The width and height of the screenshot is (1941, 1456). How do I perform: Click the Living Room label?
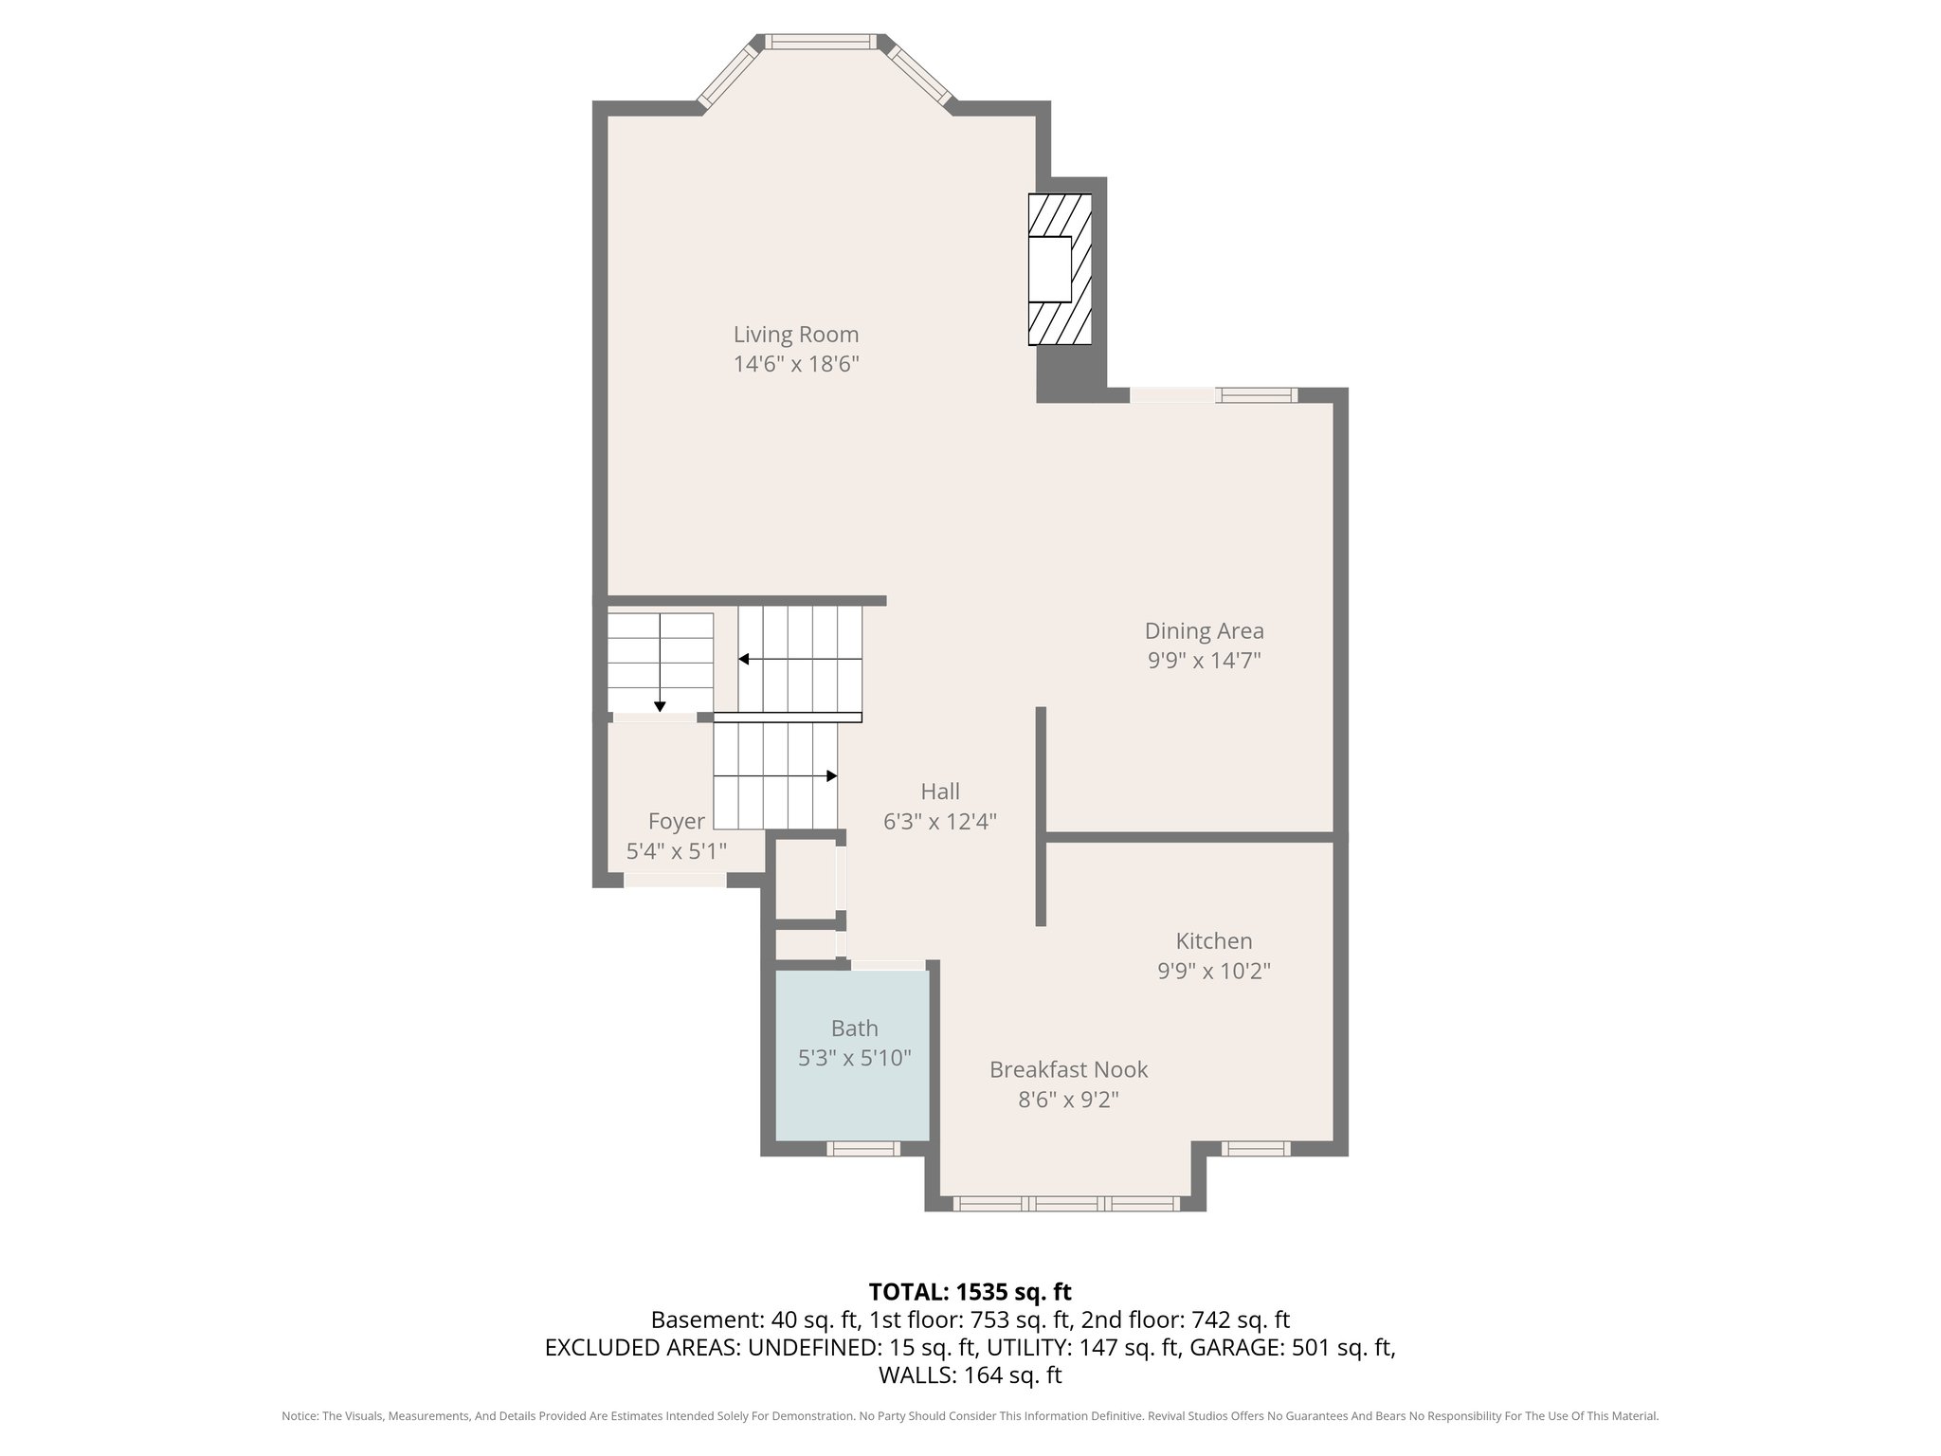(796, 335)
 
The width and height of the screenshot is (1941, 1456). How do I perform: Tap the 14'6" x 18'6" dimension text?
(796, 364)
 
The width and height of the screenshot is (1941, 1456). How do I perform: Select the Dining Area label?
(1204, 630)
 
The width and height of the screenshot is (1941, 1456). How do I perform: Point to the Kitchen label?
(1214, 940)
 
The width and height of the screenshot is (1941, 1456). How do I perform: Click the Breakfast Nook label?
(1068, 1069)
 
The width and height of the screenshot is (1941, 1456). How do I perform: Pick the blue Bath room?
(853, 1090)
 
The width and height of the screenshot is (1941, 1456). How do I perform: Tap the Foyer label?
(676, 821)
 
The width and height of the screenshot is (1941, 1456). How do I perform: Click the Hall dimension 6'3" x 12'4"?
(940, 822)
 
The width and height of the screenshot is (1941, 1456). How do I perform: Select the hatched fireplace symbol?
(1060, 269)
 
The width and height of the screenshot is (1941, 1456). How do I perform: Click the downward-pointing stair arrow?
(660, 704)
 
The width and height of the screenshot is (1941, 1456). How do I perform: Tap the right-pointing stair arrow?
(831, 775)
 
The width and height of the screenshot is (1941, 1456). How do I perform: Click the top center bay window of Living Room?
(821, 42)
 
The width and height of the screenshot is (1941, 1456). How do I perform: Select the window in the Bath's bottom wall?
(862, 1148)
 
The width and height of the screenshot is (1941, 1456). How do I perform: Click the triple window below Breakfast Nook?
(1066, 1203)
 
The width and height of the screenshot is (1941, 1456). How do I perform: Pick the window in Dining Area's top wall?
(1258, 395)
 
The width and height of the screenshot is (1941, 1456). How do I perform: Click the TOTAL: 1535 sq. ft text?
(970, 1291)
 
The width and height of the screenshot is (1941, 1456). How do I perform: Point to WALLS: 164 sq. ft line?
(970, 1374)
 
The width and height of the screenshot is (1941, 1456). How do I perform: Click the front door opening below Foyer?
(675, 880)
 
